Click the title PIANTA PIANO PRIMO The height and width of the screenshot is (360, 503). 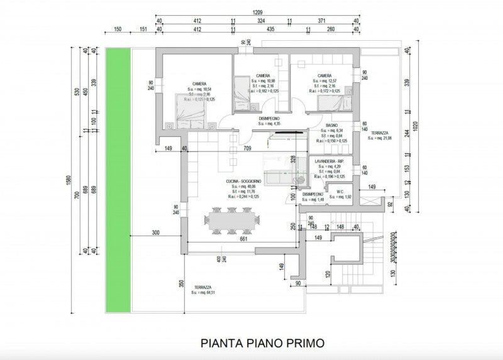(x=262, y=343)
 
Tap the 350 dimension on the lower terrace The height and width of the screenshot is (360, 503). (x=182, y=283)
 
